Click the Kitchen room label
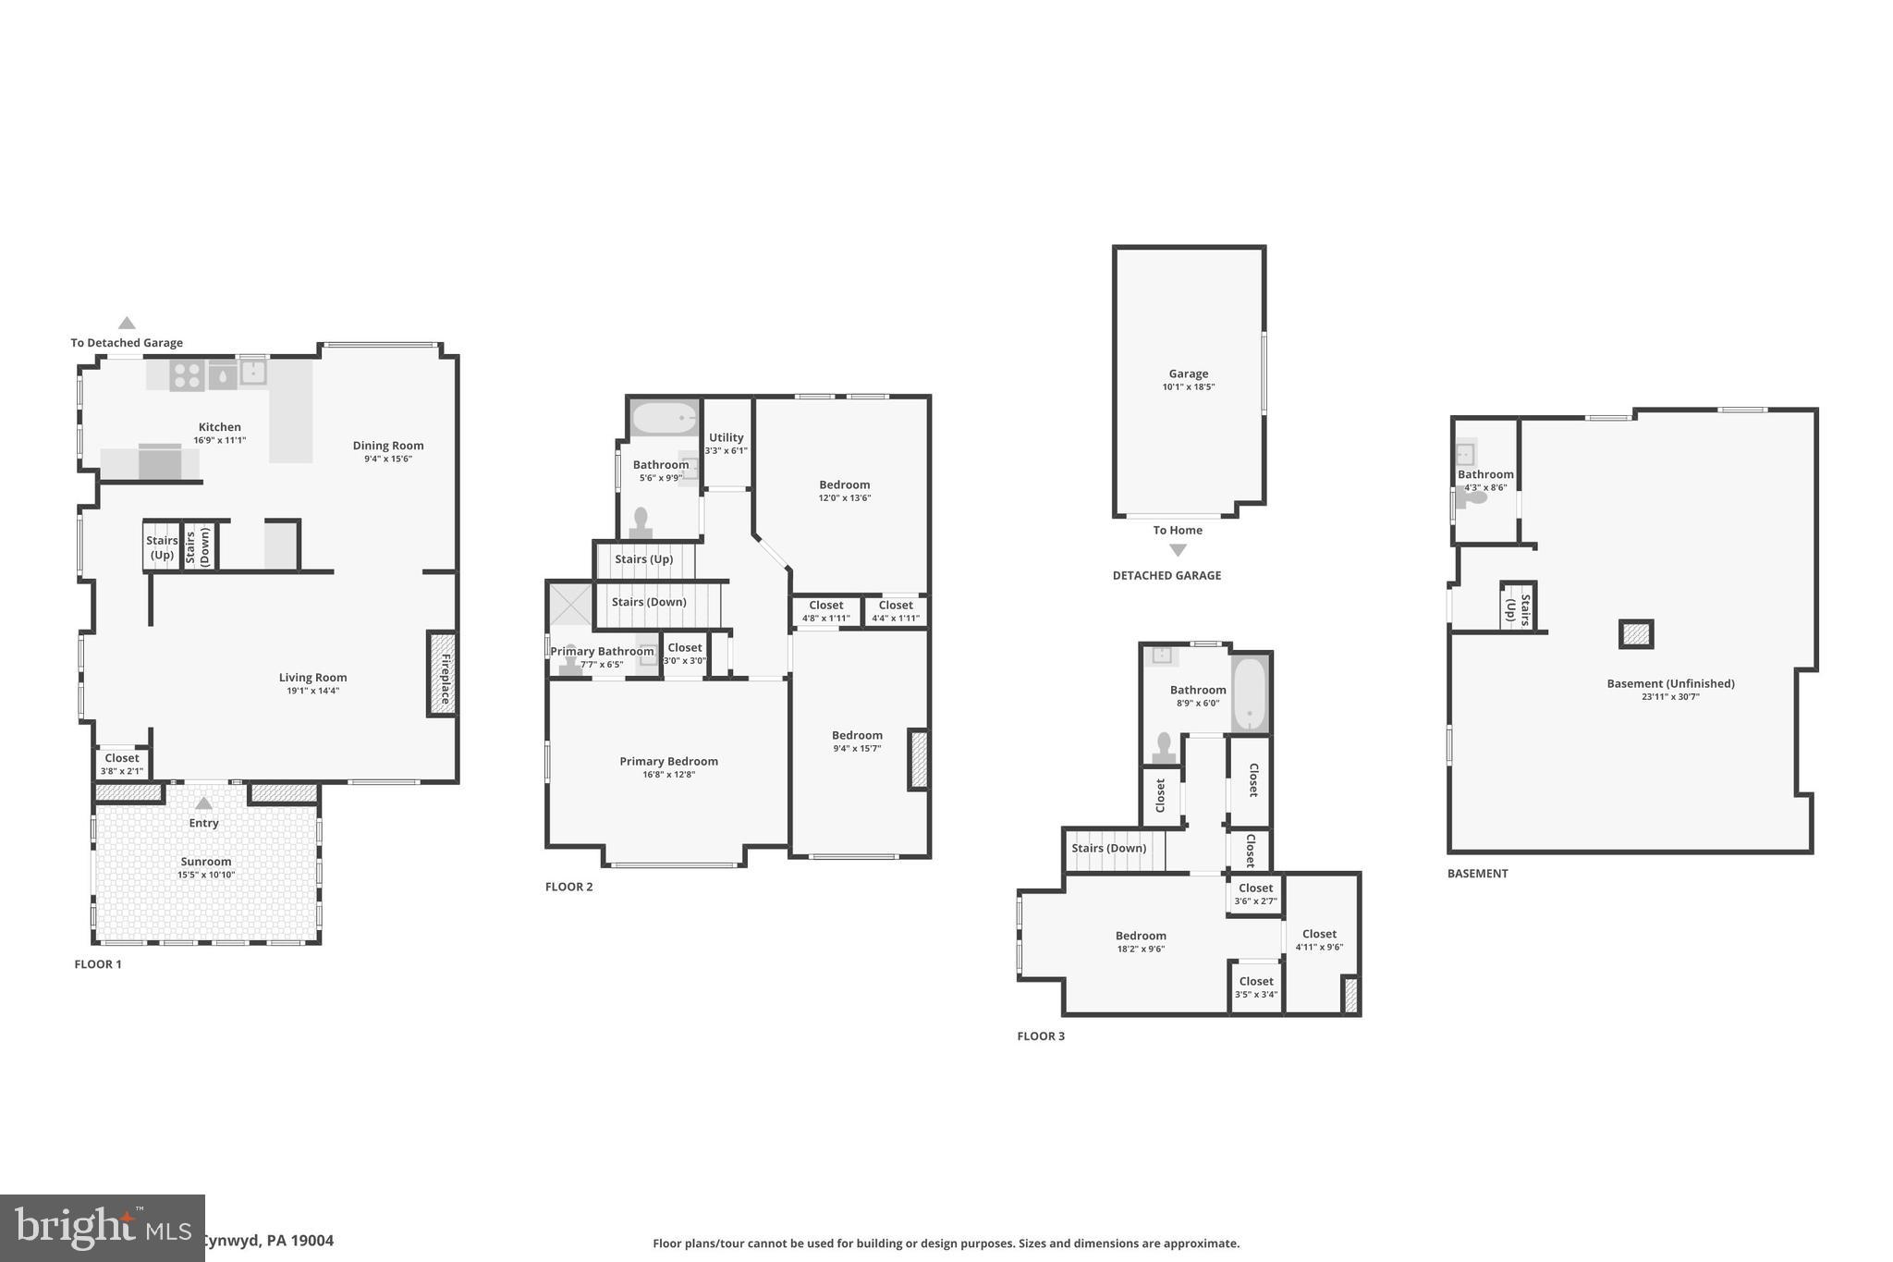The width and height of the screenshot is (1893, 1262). (219, 427)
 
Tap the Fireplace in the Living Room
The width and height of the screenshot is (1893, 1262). (443, 673)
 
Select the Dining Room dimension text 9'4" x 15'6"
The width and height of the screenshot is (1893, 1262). (387, 459)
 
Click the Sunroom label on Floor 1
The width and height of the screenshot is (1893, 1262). (206, 862)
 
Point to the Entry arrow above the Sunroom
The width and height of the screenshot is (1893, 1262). (204, 803)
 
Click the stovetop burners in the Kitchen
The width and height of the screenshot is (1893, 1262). (187, 374)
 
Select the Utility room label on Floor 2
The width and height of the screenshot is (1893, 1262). (726, 438)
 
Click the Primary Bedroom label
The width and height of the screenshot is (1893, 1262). (668, 762)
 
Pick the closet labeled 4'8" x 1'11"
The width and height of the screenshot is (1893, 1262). (825, 611)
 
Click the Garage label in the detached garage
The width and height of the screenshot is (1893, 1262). (1188, 374)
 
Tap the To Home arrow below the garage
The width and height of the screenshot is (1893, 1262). (1178, 550)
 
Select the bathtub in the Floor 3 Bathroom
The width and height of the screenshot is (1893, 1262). (1250, 693)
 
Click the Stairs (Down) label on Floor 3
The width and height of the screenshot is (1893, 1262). (1108, 849)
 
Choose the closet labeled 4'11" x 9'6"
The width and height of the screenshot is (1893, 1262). (1319, 939)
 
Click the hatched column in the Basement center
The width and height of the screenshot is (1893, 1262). (1635, 634)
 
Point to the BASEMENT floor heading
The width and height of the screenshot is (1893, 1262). (1477, 874)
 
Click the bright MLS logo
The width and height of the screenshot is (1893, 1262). (102, 1228)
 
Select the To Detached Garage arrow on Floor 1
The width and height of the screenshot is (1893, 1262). (127, 324)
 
